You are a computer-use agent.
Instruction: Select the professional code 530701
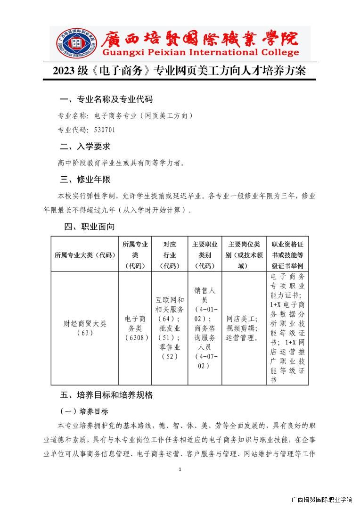(104, 130)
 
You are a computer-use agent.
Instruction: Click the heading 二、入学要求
(85, 147)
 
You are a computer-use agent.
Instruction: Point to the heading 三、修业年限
(85, 180)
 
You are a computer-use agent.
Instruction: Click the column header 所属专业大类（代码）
(85, 254)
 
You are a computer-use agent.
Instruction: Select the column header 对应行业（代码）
(170, 254)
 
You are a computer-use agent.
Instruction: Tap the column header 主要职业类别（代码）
(205, 254)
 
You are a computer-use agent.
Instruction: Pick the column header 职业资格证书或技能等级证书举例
(287, 254)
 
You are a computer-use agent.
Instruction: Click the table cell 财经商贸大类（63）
(85, 328)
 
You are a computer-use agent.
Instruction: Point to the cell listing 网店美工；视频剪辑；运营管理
(243, 328)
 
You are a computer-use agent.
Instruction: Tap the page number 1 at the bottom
(180, 469)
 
